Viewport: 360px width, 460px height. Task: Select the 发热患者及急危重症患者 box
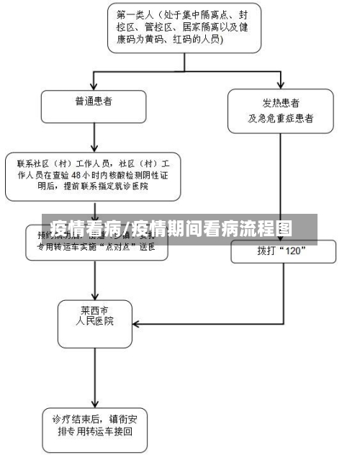[280, 111]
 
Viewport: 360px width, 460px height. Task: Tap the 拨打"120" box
[283, 251]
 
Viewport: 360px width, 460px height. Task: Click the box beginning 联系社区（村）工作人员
[93, 175]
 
